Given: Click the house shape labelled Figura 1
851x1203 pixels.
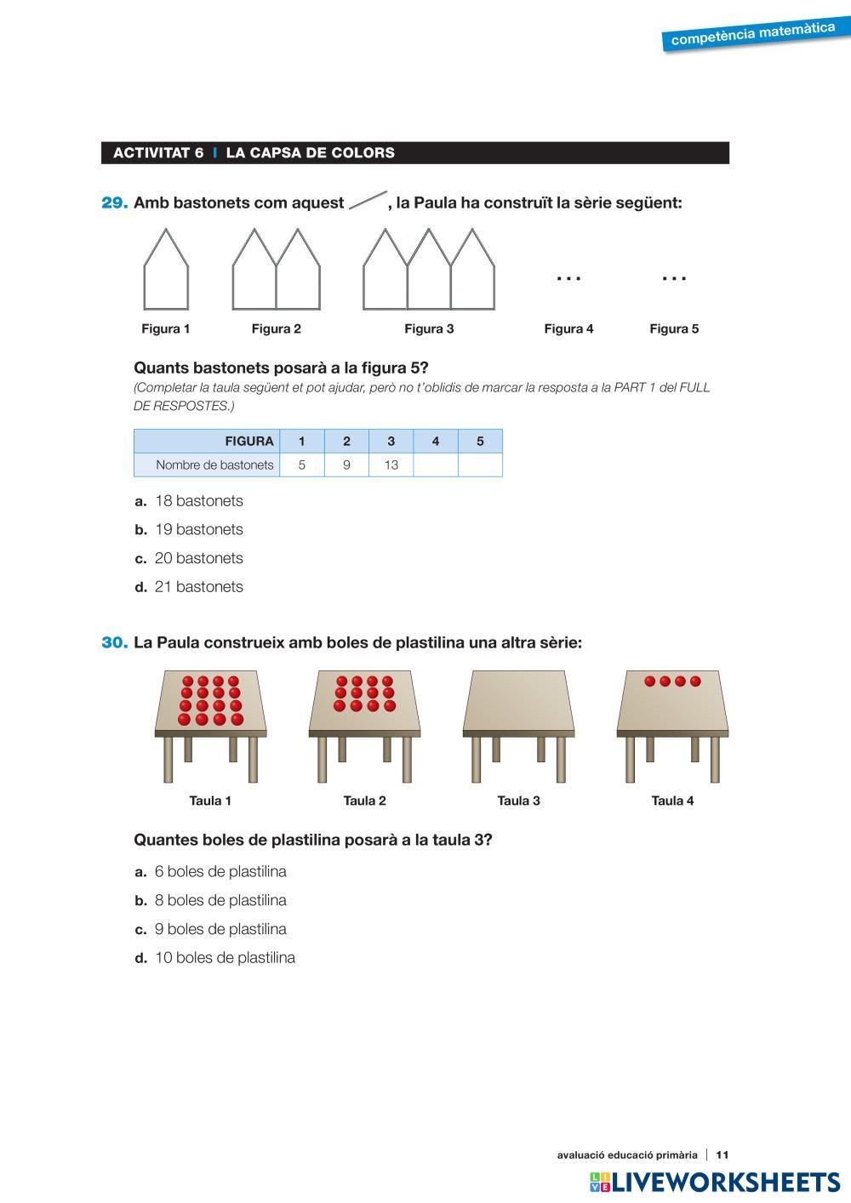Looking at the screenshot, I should [166, 271].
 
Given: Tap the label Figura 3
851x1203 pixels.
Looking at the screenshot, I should [429, 329].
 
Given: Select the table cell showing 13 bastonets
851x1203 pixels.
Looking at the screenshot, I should [391, 465].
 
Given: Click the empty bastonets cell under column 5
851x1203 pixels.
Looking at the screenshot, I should [480, 465].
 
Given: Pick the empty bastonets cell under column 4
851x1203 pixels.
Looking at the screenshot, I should [436, 465].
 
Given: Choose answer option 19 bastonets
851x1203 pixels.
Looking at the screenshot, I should [198, 529].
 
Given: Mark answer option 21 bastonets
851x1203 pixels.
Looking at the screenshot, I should [198, 587].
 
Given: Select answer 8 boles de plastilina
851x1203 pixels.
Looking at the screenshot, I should [220, 900].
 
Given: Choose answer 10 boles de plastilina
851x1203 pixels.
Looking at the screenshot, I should [224, 958].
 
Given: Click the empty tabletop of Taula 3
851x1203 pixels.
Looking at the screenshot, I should [518, 700].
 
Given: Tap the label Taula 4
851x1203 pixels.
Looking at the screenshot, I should [672, 801].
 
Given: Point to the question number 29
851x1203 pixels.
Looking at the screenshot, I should [115, 203].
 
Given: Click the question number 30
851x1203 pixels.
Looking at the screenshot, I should [115, 643].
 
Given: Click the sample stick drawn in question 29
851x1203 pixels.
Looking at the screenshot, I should [368, 201].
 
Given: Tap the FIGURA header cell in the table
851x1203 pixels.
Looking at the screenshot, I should [248, 441].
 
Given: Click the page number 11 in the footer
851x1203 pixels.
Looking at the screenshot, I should [722, 1155].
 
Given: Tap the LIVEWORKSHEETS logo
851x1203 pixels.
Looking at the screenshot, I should [714, 1182].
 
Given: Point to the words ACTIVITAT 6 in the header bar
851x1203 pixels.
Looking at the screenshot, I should [158, 153].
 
